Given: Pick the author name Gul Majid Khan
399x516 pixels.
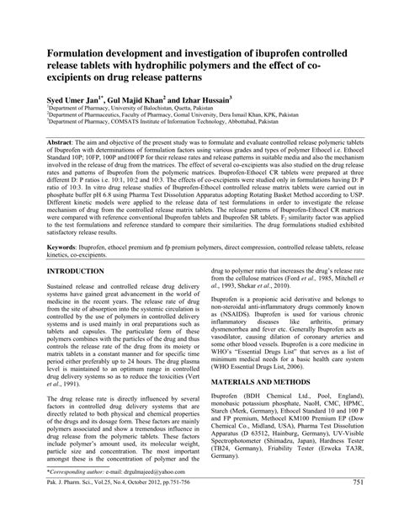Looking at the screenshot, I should pyautogui.click(x=144, y=97).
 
